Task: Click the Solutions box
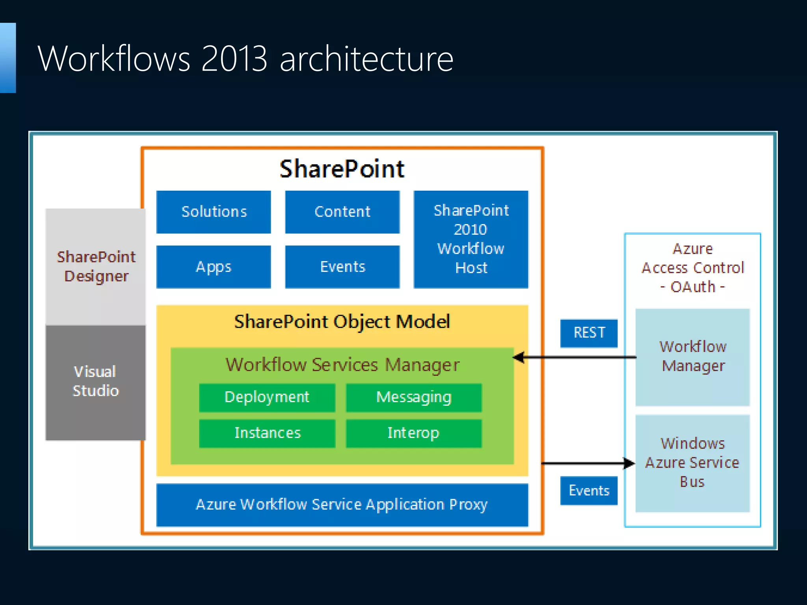coord(214,212)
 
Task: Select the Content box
coord(342,212)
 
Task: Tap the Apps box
coord(214,267)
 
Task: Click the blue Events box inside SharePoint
coord(342,267)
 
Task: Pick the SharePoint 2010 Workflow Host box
coord(471,239)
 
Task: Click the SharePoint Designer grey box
coord(96,267)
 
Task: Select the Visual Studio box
coord(96,382)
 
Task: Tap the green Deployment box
coord(267,397)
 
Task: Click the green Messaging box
coord(414,397)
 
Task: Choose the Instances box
coord(267,433)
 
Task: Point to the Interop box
coord(414,433)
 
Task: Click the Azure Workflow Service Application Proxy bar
coord(342,505)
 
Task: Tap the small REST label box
coord(589,333)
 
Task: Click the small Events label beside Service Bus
coord(589,491)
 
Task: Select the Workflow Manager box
coord(692,357)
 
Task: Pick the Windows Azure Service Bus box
coord(692,463)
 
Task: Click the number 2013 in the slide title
coord(234,59)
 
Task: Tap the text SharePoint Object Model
coord(342,322)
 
